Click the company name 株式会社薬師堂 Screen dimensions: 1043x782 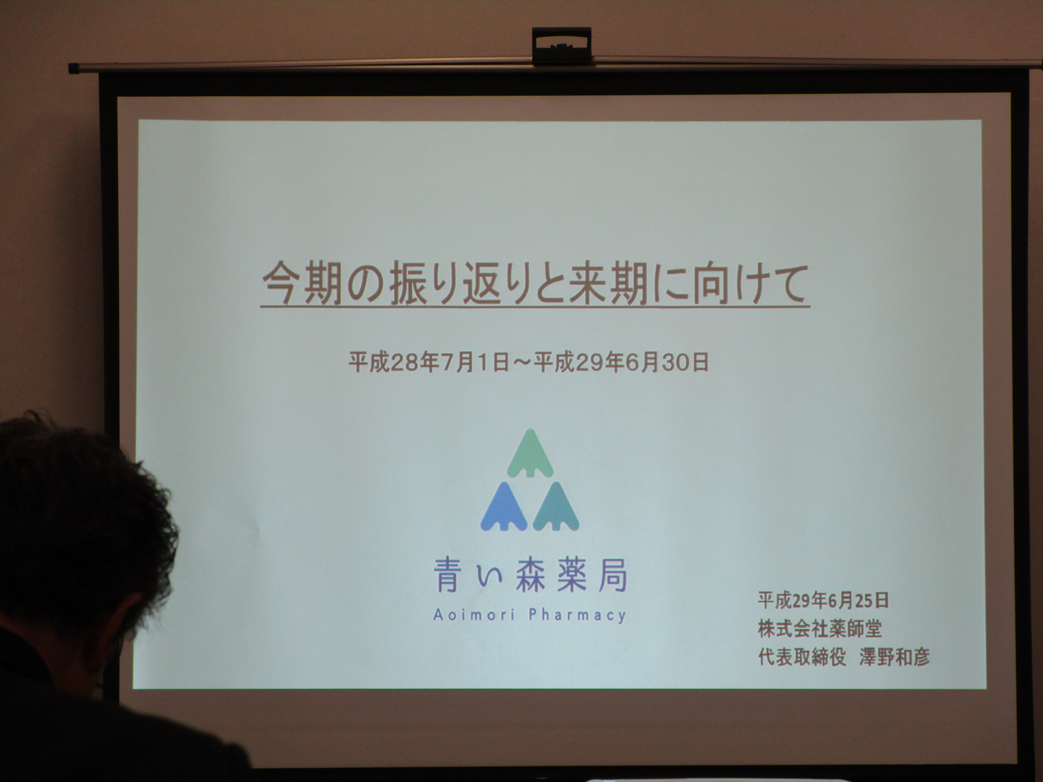point(819,628)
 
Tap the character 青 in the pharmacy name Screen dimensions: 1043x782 point(447,575)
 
